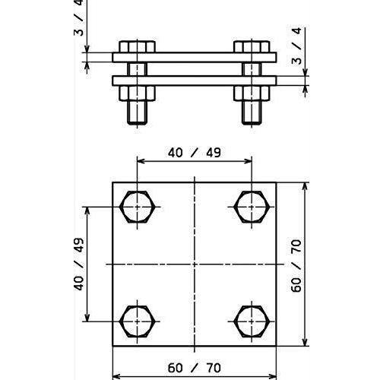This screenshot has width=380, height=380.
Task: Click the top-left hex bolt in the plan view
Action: pyautogui.click(x=138, y=207)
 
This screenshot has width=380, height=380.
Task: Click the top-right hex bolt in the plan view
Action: pyautogui.click(x=252, y=207)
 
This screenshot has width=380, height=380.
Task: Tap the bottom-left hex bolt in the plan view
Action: pyautogui.click(x=138, y=321)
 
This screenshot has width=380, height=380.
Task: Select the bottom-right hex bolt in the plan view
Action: pyautogui.click(x=252, y=321)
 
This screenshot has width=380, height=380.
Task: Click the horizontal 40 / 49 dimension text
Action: pyautogui.click(x=195, y=153)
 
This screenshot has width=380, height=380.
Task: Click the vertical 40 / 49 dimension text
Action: pyautogui.click(x=79, y=264)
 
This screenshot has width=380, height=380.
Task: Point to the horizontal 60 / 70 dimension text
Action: pyautogui.click(x=195, y=368)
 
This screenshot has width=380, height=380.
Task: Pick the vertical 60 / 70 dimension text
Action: pyautogui.click(x=296, y=265)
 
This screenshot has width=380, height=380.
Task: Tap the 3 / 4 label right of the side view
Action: pyautogui.click(x=296, y=46)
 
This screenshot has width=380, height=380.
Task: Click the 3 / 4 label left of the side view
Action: pyautogui.click(x=79, y=17)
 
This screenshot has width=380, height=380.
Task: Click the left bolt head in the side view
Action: pyautogui.click(x=137, y=46)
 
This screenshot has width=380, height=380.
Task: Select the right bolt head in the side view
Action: pyautogui.click(x=252, y=46)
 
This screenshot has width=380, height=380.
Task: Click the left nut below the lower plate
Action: pyautogui.click(x=137, y=93)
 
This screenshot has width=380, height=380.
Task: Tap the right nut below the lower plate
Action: pyautogui.click(x=252, y=93)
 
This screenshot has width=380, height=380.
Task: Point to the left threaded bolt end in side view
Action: pyautogui.click(x=137, y=112)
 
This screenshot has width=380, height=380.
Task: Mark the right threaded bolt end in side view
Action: pyautogui.click(x=252, y=112)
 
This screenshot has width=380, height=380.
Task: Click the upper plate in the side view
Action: pyautogui.click(x=195, y=57)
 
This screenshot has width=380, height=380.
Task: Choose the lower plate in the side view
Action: pyautogui.click(x=195, y=81)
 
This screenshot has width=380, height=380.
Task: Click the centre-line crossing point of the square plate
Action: pyautogui.click(x=195, y=264)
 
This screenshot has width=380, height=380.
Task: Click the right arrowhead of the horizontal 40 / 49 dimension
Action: pyautogui.click(x=249, y=161)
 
